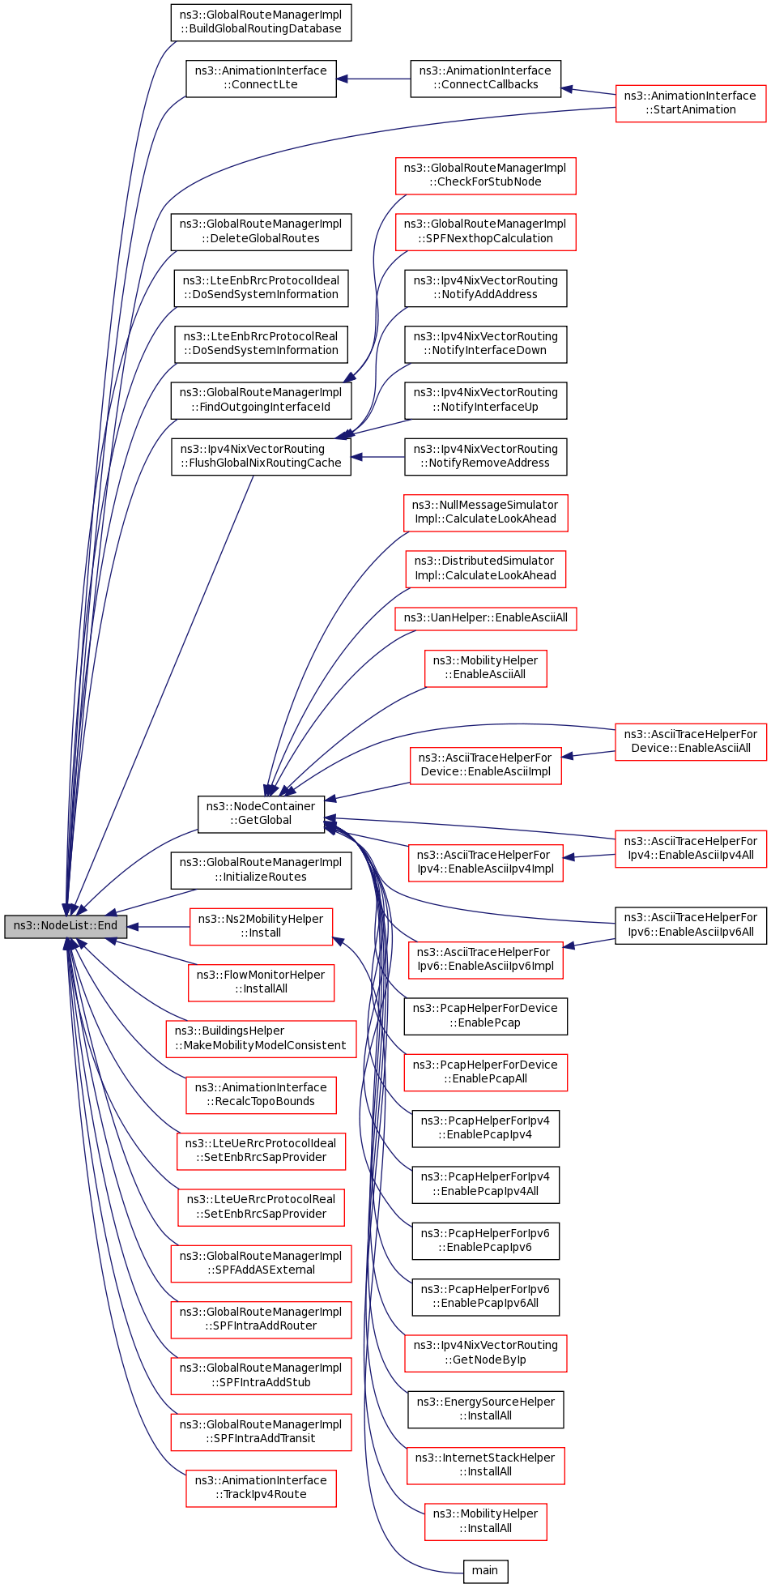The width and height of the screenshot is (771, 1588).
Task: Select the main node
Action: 485,1571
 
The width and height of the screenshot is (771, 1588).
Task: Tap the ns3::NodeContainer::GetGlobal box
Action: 261,813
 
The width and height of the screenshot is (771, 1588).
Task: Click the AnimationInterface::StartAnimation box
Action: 690,103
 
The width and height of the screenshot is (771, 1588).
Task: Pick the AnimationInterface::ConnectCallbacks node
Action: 485,79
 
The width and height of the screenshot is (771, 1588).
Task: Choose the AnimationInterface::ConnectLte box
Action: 261,79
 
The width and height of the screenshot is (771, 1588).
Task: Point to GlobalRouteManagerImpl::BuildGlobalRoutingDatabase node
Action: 261,23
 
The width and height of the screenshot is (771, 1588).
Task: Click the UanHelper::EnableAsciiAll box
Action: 486,618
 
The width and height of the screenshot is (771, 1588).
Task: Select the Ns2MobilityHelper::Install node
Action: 261,926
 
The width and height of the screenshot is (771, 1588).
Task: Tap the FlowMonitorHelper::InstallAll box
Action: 261,982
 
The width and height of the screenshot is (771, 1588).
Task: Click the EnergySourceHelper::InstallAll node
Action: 485,1410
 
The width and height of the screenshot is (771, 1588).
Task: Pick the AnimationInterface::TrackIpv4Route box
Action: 261,1488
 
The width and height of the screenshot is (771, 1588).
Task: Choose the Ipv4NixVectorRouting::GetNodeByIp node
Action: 485,1353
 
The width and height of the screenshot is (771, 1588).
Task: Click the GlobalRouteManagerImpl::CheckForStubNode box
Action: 485,175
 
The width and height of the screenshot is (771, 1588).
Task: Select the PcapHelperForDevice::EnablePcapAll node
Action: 485,1073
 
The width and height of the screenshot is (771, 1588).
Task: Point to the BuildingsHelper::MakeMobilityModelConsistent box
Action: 261,1039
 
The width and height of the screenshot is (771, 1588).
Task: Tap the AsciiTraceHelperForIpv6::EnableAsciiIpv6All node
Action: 691,925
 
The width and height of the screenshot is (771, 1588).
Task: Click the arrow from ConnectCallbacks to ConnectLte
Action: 373,79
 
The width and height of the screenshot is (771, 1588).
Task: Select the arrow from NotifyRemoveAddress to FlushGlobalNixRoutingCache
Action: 378,457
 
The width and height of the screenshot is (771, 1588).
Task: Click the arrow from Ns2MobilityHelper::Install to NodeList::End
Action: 159,927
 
